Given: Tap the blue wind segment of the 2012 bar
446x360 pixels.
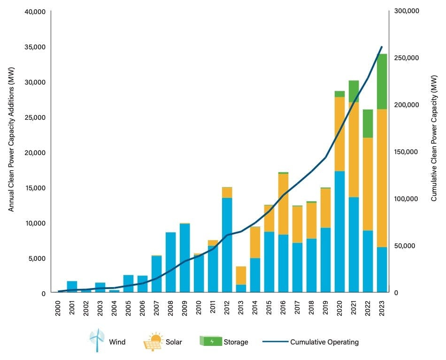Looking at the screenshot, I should pos(227,245).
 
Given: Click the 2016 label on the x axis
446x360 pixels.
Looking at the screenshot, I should pos(284,306).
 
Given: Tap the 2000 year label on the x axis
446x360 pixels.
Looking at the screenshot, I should pos(58,306).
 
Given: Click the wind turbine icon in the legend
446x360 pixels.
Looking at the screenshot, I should pos(97,340).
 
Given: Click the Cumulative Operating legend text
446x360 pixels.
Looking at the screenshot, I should pos(324,342).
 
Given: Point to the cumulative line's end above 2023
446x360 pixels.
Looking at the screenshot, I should pos(382,47).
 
